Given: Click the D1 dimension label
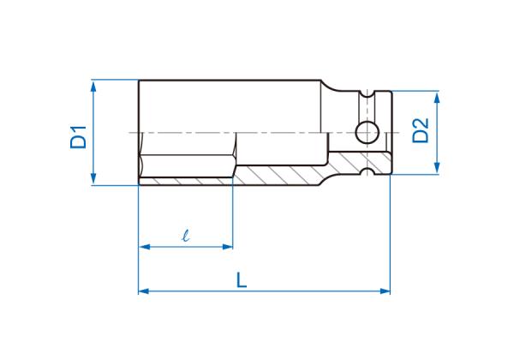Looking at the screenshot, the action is pyautogui.click(x=78, y=137).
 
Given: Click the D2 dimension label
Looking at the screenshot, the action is pyautogui.click(x=421, y=130).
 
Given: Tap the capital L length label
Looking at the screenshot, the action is pyautogui.click(x=242, y=280).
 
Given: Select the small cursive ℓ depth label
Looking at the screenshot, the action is pyautogui.click(x=186, y=236).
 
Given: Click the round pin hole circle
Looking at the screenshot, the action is pyautogui.click(x=368, y=133).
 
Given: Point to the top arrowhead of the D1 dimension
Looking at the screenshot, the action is pyautogui.click(x=93, y=87).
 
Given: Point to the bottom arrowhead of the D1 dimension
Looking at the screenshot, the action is pyautogui.click(x=93, y=178).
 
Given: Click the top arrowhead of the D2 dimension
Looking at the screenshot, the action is pyautogui.click(x=437, y=98).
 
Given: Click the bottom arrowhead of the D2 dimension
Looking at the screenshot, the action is pyautogui.click(x=437, y=168).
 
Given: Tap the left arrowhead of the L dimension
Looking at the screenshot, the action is pyautogui.click(x=145, y=291).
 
